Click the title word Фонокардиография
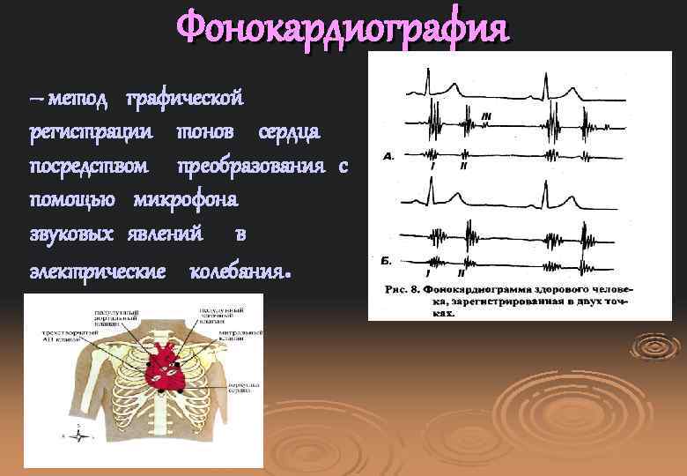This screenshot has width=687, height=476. (343, 27)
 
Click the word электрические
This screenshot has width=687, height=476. (98, 267)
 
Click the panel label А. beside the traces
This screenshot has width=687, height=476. (388, 155)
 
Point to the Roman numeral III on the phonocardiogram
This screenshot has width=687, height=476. (487, 115)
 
